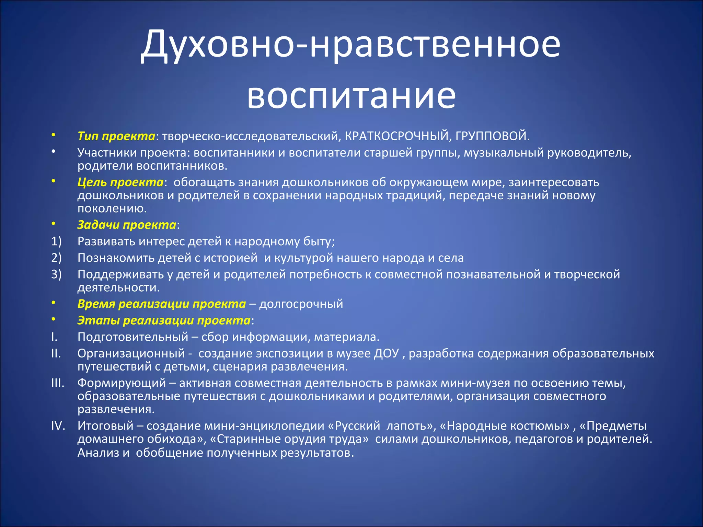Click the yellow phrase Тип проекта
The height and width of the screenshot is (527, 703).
tap(116, 136)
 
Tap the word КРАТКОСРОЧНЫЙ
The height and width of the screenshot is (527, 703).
tap(396, 136)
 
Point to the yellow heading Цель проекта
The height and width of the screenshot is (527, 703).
tap(120, 182)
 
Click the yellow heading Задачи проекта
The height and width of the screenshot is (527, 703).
tap(127, 225)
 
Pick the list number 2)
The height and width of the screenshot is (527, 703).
tap(56, 258)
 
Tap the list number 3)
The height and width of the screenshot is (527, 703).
tap(56, 274)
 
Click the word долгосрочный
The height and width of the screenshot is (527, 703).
tap(301, 304)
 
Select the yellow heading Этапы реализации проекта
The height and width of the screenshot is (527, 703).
tap(164, 320)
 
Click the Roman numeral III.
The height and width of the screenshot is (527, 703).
tap(58, 383)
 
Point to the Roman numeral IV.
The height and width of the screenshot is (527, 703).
tap(58, 426)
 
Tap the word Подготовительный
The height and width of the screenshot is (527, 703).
tap(133, 337)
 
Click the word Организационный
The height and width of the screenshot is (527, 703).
tap(131, 353)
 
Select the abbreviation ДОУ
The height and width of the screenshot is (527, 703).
tap(386, 353)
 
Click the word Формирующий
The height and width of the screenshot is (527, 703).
tap(122, 383)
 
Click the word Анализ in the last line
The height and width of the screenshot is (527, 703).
tap(98, 453)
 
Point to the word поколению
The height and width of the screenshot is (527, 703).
tap(112, 209)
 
